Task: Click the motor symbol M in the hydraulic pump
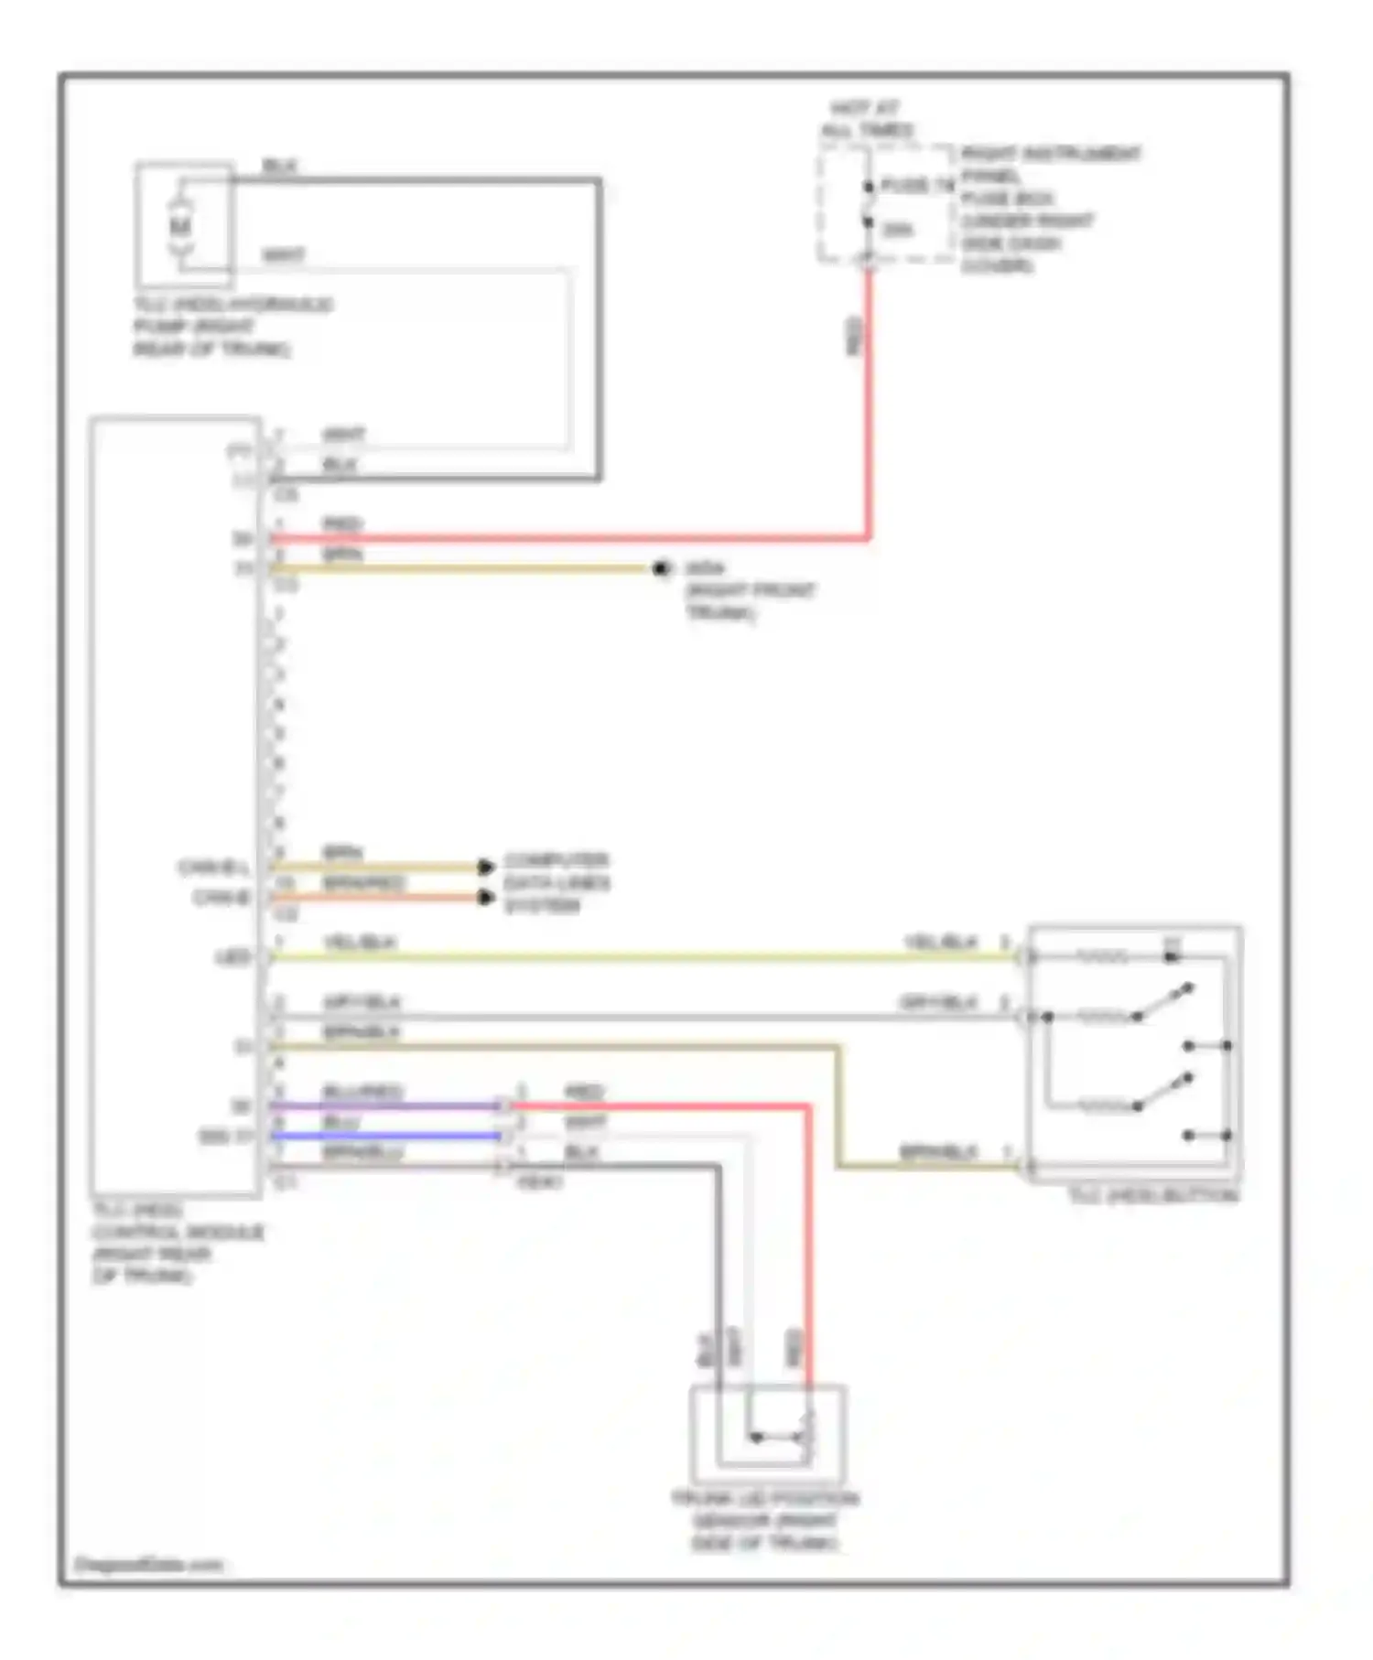point(180,224)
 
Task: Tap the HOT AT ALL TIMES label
point(866,119)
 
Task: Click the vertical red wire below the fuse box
point(868,403)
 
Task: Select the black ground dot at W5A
point(661,569)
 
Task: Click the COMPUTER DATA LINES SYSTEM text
point(557,883)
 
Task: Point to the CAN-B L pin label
point(213,867)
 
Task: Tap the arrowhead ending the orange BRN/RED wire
point(487,898)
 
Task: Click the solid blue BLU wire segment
point(384,1137)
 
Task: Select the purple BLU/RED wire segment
point(384,1106)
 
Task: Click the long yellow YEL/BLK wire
point(641,958)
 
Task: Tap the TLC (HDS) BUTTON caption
point(1153,1196)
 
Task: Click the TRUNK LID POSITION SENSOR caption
point(764,1521)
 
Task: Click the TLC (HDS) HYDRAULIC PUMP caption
point(232,327)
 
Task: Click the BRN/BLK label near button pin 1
point(938,1152)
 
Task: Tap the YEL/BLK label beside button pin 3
point(941,943)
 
